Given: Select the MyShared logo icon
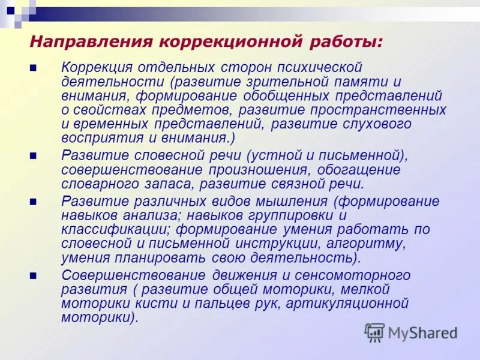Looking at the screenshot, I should coord(374,332).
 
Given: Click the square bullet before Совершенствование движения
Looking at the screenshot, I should coord(34,276).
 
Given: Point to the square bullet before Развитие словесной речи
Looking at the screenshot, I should coord(34,156).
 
